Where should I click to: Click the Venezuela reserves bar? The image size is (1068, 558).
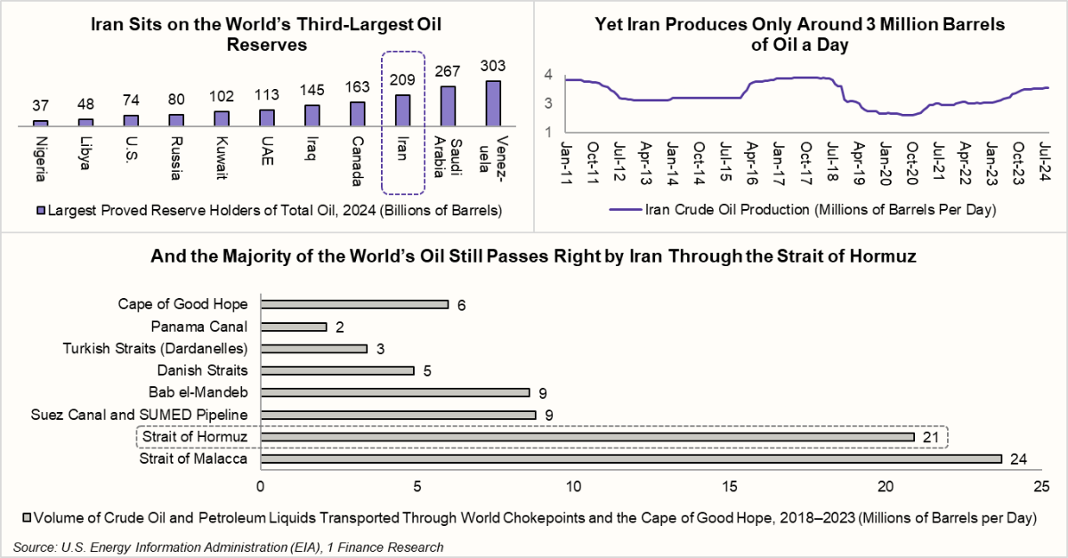pyautogui.click(x=493, y=103)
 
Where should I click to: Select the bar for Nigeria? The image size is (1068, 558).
pyautogui.click(x=40, y=123)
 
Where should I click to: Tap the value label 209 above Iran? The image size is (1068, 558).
pyautogui.click(x=402, y=77)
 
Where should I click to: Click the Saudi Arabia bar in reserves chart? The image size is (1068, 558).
pyautogui.click(x=448, y=106)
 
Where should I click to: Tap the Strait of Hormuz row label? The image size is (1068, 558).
pyautogui.click(x=195, y=437)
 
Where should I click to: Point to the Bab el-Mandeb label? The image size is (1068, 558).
pyautogui.click(x=199, y=392)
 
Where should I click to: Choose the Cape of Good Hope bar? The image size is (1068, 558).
pyautogui.click(x=353, y=304)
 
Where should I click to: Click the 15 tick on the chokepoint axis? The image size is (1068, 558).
pyautogui.click(x=730, y=486)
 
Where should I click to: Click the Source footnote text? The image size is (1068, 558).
pyautogui.click(x=228, y=546)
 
